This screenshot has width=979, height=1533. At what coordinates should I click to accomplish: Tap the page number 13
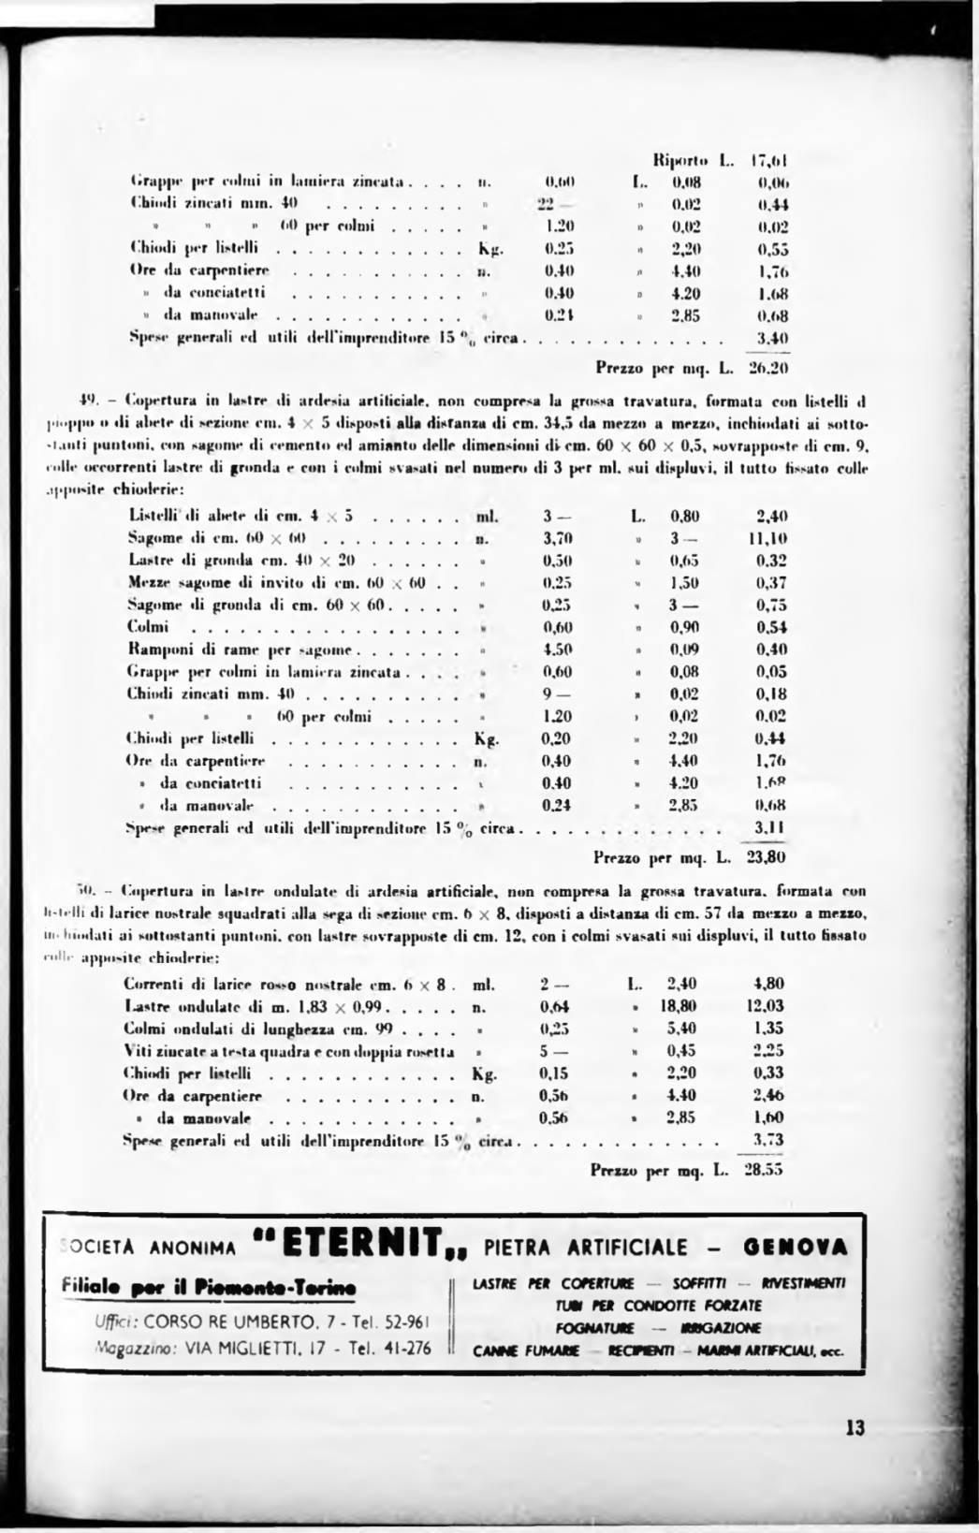point(855,1428)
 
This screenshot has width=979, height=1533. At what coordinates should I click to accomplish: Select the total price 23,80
point(766,856)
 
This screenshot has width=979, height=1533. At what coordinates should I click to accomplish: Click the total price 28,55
point(763,1169)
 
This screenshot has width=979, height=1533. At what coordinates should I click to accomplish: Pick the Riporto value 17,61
point(772,160)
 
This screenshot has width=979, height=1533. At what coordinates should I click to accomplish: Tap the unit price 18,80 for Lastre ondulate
point(678,1006)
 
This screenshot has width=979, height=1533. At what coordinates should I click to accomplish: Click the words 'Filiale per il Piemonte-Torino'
point(203,1289)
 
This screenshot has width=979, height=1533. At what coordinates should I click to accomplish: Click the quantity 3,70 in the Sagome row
point(558,538)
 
